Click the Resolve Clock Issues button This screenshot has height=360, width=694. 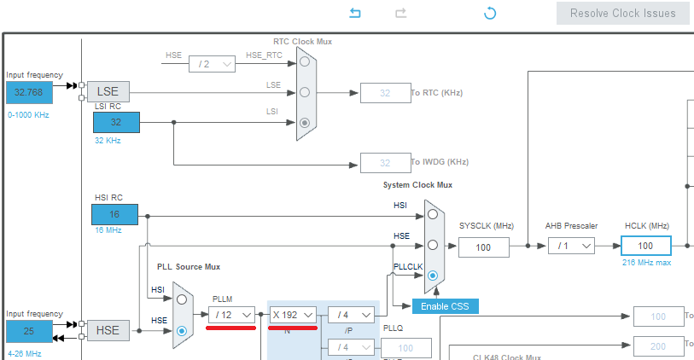[623, 13]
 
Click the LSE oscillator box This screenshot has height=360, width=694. [108, 91]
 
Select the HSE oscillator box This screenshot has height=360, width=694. [108, 330]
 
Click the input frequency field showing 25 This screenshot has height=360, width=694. [29, 330]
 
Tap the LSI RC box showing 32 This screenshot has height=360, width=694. [115, 122]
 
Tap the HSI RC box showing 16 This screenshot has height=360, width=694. [115, 214]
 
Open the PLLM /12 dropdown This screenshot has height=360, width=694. [231, 315]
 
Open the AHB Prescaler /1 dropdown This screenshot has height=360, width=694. [571, 246]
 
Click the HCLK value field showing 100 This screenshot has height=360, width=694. [645, 246]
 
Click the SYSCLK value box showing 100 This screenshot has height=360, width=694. [483, 247]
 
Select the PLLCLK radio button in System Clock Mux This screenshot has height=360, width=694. [434, 276]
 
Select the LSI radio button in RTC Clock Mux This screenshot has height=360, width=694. [305, 122]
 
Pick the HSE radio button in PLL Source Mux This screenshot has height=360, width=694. [181, 330]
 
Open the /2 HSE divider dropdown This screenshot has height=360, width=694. [212, 63]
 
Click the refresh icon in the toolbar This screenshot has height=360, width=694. [490, 13]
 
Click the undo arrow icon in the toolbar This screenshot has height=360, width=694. [355, 13]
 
